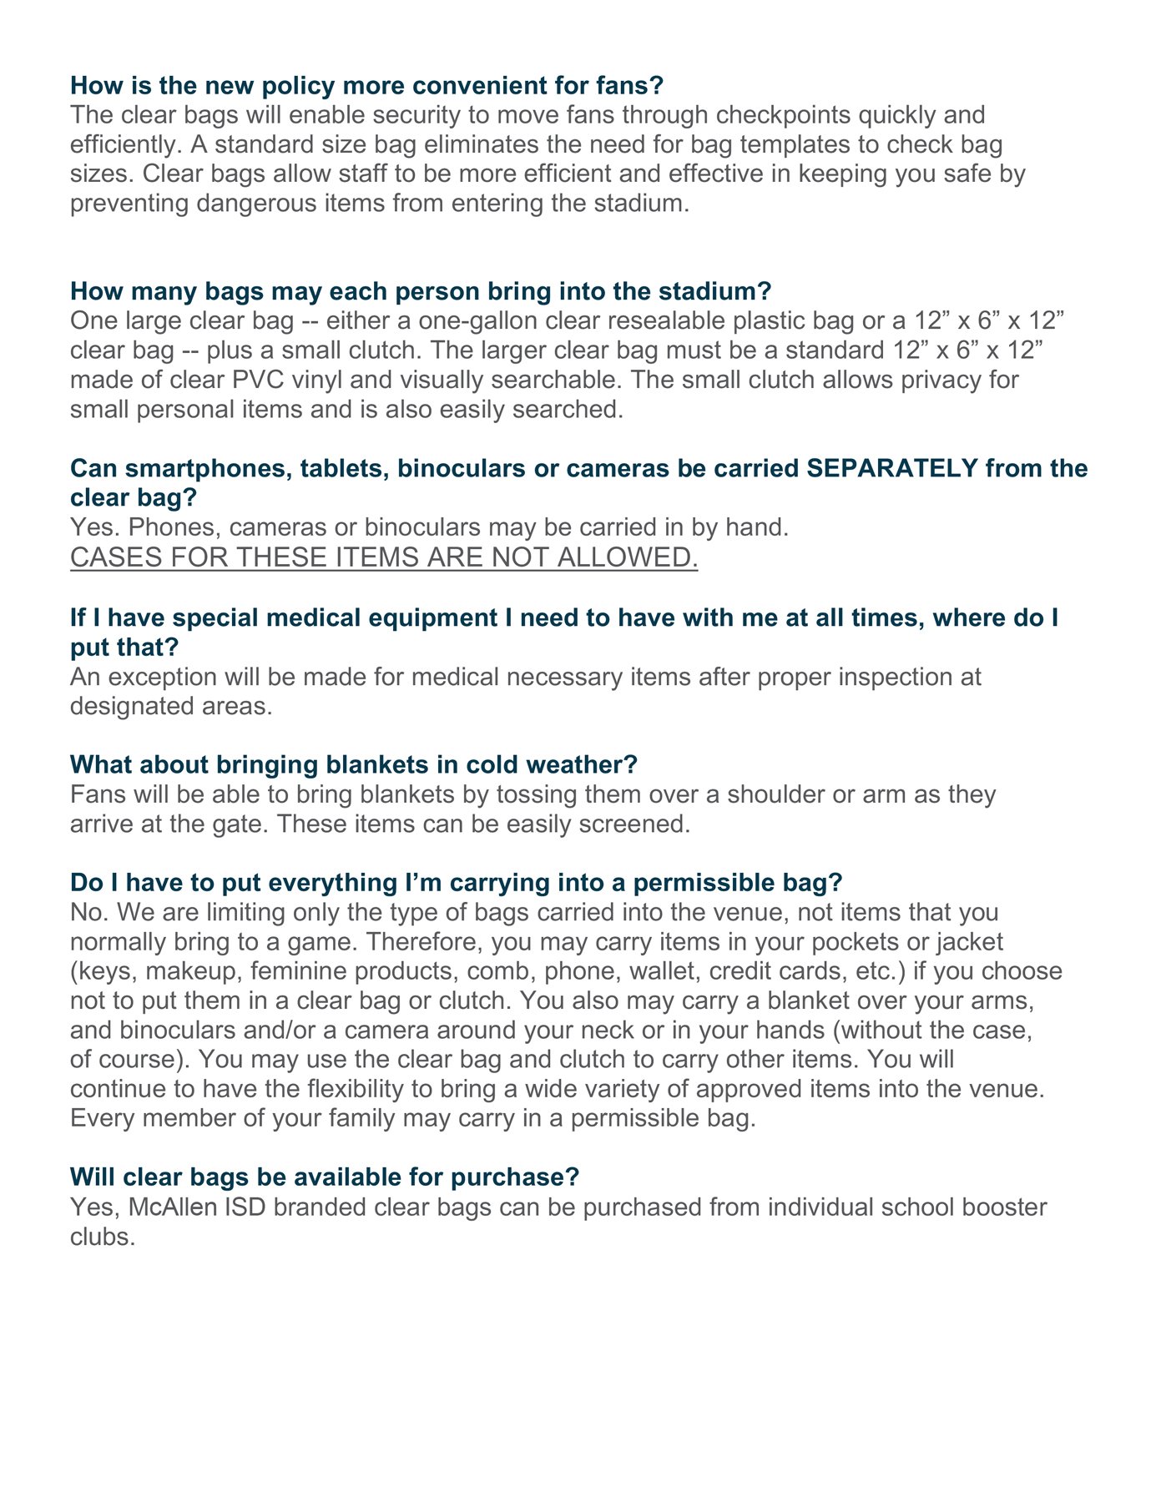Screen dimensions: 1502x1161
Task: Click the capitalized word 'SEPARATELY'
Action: tap(892, 468)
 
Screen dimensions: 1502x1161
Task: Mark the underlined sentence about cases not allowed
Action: tap(384, 557)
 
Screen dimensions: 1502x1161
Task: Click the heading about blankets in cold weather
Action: tap(354, 764)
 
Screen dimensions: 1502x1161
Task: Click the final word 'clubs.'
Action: tap(103, 1237)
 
